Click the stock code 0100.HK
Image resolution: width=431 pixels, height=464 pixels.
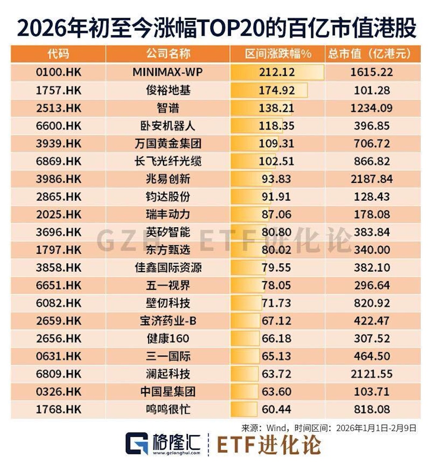coord(59,72)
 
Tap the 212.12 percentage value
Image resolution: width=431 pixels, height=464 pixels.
coord(277,72)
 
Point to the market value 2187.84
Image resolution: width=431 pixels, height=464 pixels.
coord(372,179)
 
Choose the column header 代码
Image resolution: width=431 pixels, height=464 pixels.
coord(58,54)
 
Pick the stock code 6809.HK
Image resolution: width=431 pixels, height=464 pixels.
coord(59,374)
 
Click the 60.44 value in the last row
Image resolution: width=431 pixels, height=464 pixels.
coord(276,410)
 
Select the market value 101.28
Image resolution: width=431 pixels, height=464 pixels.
coord(372,90)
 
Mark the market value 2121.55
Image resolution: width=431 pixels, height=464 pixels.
coord(372,374)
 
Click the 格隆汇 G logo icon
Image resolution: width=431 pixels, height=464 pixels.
coord(137,443)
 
